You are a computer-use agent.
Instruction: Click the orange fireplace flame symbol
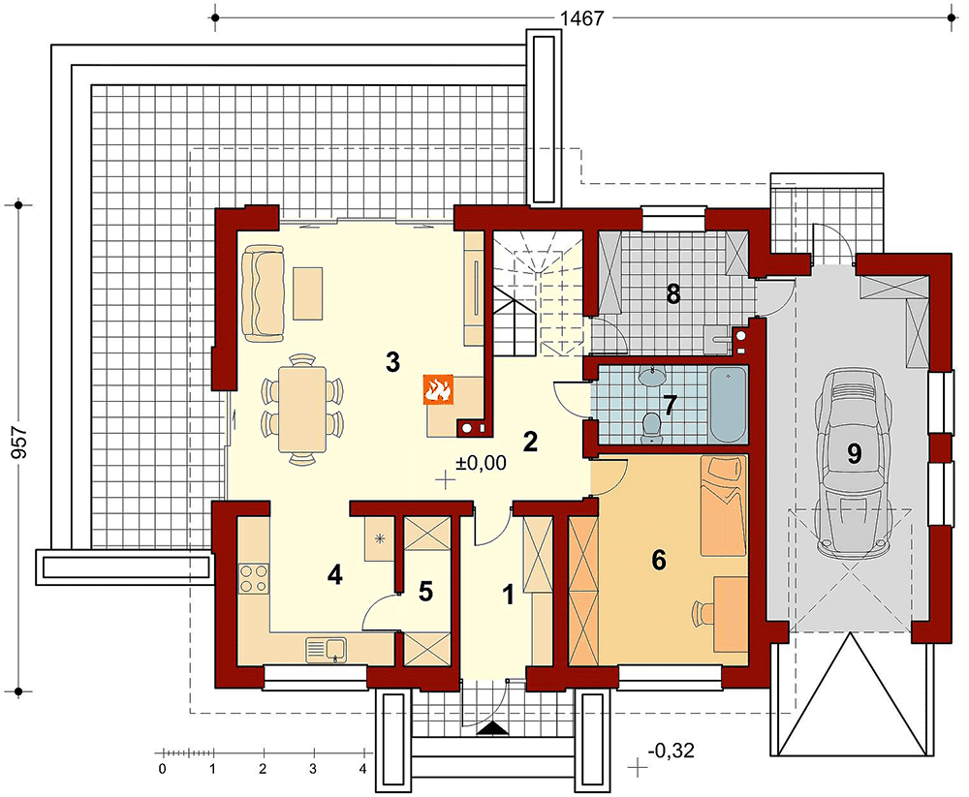438,389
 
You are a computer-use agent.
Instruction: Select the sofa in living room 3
264,292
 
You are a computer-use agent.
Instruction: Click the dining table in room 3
302,409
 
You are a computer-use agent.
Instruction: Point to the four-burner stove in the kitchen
254,579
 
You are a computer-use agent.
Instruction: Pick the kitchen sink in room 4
327,650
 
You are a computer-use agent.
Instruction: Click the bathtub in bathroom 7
728,405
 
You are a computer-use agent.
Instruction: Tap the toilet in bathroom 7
651,426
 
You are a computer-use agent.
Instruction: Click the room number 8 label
673,294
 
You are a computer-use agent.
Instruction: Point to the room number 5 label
425,592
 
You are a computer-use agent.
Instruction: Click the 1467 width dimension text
580,18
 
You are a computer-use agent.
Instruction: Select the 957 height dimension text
19,442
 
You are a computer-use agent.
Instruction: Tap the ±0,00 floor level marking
481,463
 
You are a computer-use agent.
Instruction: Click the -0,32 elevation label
672,751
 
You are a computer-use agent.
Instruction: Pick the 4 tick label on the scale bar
363,770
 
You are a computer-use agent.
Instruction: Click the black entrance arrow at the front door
492,728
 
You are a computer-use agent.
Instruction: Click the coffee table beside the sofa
308,292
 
